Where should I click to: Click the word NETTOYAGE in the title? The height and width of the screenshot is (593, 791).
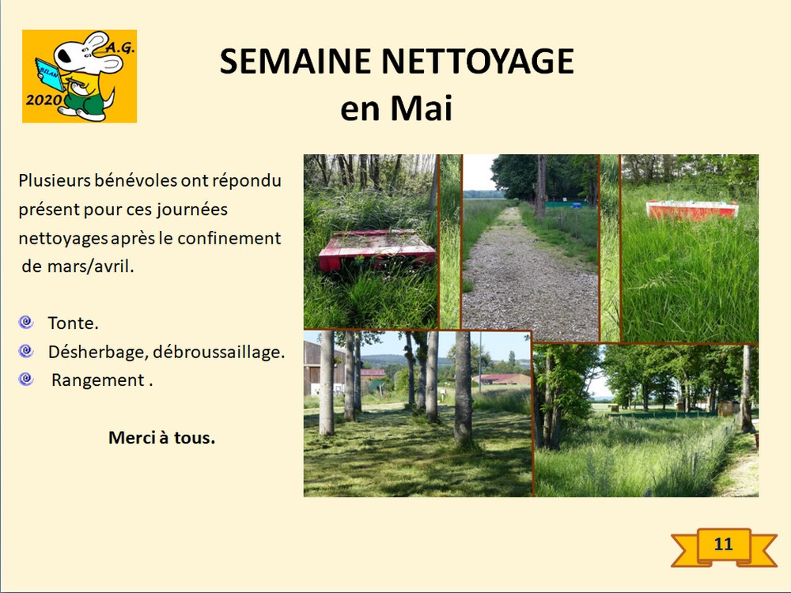pos(478,61)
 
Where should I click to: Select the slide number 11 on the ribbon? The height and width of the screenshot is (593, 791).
pos(724,544)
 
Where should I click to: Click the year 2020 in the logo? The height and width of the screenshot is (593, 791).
pos(43,100)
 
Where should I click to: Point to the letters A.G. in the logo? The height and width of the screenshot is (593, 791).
pos(120,47)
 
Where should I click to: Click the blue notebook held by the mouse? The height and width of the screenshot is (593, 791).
pos(48,74)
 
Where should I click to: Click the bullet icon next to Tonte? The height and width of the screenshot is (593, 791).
pos(26,323)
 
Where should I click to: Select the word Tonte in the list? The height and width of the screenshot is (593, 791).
pos(73,323)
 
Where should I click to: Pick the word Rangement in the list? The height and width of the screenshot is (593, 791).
pos(97,380)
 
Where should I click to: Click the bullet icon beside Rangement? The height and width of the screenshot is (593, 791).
pos(26,379)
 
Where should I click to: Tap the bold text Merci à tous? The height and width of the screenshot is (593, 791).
pos(162,437)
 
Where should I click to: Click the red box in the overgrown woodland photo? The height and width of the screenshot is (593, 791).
pos(377,250)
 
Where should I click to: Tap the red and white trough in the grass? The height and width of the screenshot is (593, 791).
pos(692,210)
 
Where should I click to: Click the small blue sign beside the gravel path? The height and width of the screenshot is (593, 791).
pos(577,206)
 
